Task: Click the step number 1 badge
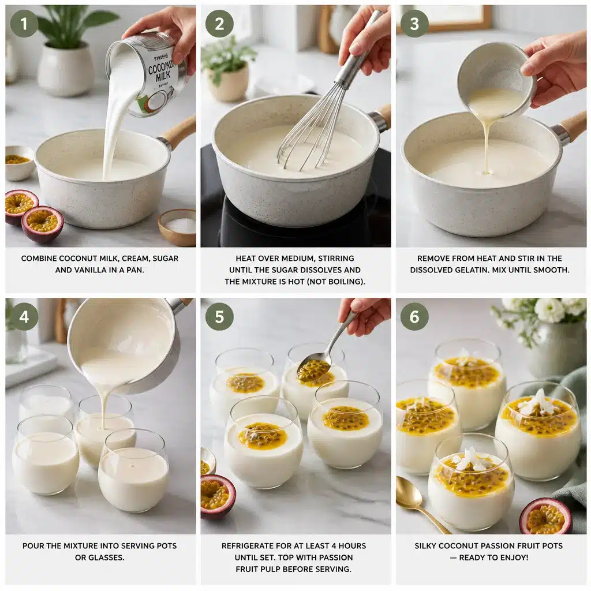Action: coord(24,24)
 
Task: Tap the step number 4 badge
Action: coord(24,317)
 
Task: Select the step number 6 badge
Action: coord(414,317)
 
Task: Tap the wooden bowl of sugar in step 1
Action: coord(178,226)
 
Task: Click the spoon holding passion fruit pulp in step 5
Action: coord(315,369)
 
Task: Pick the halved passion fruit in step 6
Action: coord(545,516)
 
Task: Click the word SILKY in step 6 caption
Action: coord(428,545)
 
